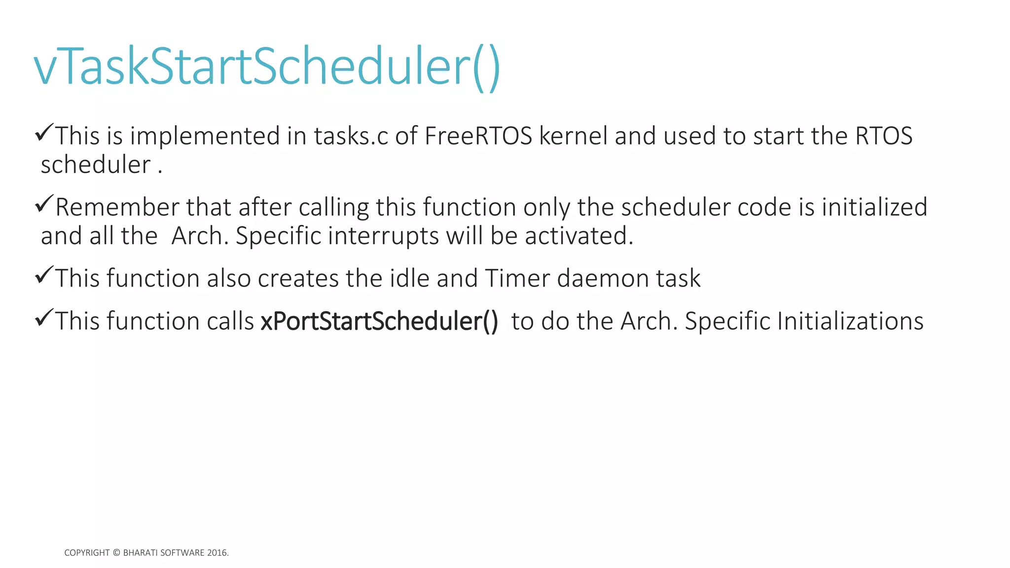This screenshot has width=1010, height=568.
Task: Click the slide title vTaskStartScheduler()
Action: point(267,67)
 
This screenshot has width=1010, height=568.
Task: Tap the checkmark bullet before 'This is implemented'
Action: point(44,133)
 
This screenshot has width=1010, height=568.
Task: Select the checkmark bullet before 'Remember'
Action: point(44,204)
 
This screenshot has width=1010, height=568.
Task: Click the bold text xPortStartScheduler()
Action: point(379,321)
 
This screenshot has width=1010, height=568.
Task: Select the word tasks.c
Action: point(351,136)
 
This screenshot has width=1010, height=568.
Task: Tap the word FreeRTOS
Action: point(478,136)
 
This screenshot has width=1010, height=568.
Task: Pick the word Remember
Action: point(117,207)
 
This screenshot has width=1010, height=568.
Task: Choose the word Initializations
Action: point(850,321)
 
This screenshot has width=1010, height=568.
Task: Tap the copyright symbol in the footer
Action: point(116,553)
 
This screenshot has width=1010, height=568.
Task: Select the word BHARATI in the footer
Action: point(141,553)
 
